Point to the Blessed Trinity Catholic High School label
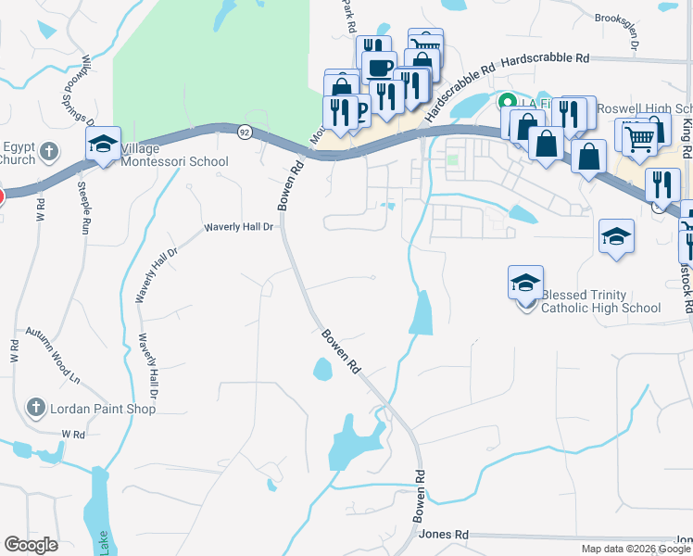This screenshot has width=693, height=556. pyautogui.click(x=600, y=301)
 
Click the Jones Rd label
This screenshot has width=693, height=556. pyautogui.click(x=444, y=535)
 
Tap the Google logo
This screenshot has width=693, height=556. pyautogui.click(x=31, y=545)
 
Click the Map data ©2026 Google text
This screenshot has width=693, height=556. pyautogui.click(x=636, y=549)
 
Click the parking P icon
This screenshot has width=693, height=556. pyautogui.click(x=360, y=108)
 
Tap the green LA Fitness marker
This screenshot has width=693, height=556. pyautogui.click(x=507, y=101)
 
